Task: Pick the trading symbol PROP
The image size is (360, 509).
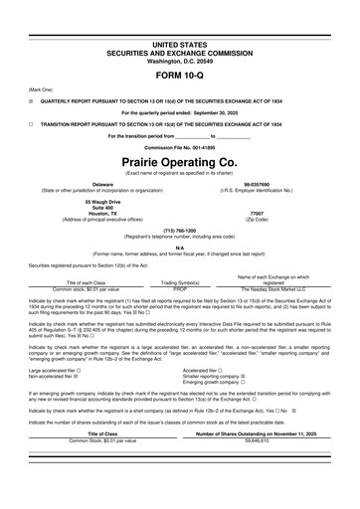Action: pos(180,287)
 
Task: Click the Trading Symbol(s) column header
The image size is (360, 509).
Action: pos(180,281)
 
